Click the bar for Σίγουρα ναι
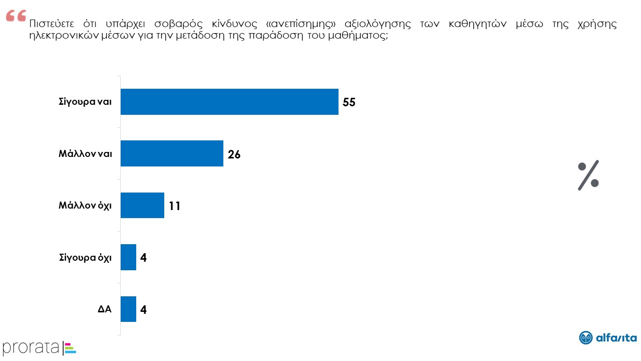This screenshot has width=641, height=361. point(229,102)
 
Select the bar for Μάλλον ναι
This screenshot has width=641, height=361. point(172,153)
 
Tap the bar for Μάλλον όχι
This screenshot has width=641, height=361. point(142,205)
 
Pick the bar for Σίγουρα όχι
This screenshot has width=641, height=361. point(128,257)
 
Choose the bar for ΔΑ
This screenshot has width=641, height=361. point(128,309)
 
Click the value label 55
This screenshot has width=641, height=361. point(349,102)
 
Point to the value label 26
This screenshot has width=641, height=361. point(234,154)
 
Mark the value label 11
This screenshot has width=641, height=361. point(174,206)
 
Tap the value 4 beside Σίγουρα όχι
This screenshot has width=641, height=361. point(143,258)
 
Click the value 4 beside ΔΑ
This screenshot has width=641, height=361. point(143,310)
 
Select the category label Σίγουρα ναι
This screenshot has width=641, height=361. point(85,102)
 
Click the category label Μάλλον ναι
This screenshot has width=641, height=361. point(85,153)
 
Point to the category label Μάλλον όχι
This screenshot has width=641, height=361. point(85,205)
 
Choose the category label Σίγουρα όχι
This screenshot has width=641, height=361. point(85,257)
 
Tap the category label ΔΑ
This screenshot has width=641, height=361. point(104,309)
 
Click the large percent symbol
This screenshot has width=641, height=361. point(588,176)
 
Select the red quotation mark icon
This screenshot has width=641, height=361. point(16,17)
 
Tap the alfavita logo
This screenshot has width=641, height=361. point(607,338)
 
